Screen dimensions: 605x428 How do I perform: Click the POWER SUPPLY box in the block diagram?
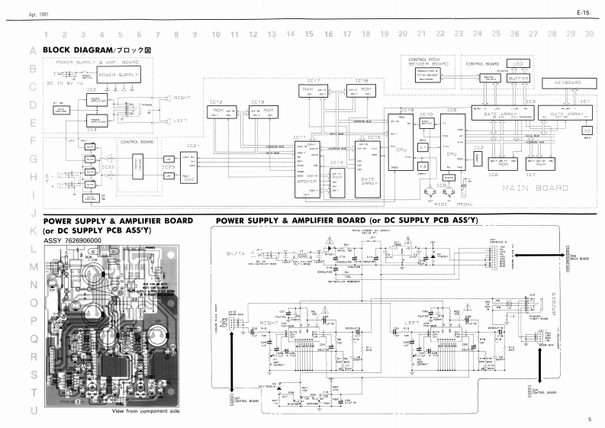119,76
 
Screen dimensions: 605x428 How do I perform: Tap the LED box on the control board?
518,66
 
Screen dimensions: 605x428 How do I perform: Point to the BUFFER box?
519,78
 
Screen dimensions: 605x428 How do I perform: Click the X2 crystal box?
587,130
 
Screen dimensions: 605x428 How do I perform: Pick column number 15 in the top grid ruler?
309,34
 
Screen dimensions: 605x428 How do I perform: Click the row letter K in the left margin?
33,230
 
